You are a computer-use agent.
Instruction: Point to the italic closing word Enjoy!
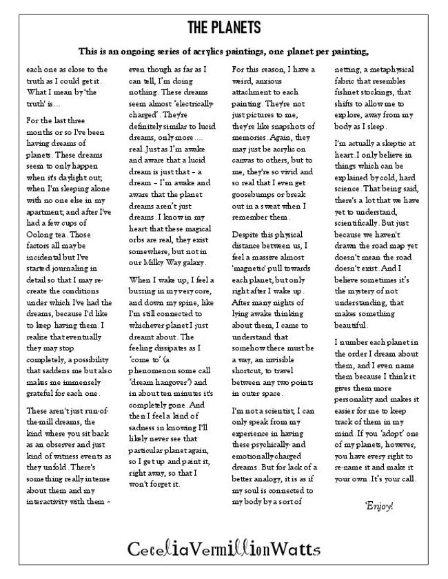[379, 507]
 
